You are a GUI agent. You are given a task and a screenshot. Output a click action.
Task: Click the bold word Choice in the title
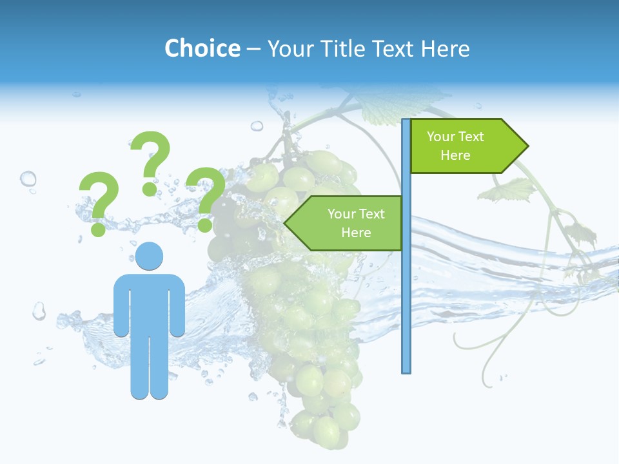202,48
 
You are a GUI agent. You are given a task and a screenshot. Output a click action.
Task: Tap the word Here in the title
445,48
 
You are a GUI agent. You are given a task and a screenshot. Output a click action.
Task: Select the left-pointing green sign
348,223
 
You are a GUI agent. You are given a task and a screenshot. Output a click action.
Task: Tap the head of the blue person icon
149,256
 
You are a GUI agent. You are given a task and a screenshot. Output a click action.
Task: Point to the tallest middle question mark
152,155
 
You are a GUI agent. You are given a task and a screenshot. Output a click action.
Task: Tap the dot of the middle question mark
150,189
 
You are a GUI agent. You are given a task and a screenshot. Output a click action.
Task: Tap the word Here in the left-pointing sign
356,233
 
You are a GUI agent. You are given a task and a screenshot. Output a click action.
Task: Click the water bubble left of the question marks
28,178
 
